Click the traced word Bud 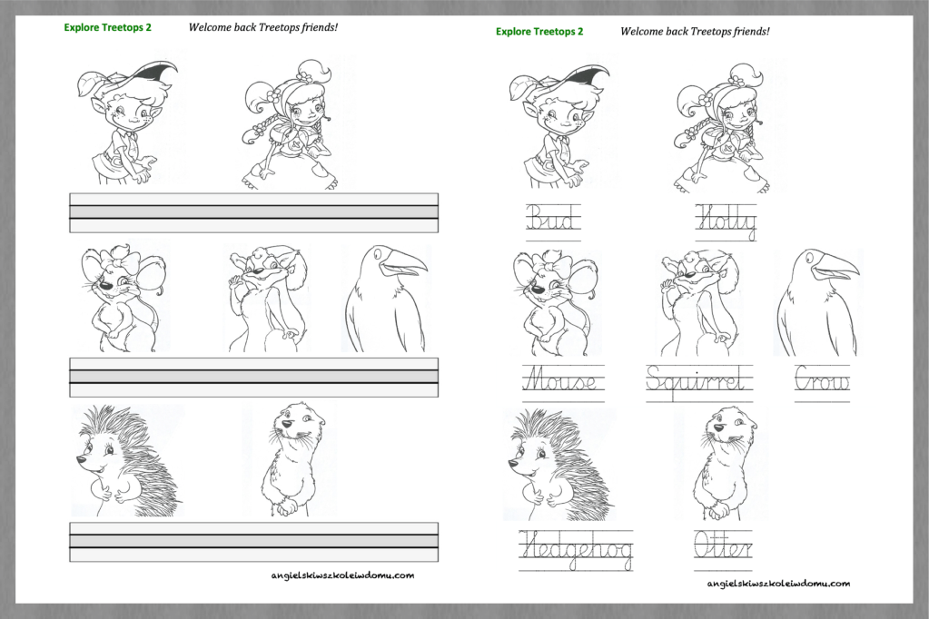[x=552, y=218]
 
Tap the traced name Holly [x=726, y=221]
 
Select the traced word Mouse [x=561, y=378]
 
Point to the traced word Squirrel [x=697, y=380]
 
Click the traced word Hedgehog [x=576, y=548]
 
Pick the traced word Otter [x=724, y=545]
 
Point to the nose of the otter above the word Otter [x=718, y=427]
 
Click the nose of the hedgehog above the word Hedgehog [x=512, y=466]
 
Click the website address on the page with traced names [x=778, y=583]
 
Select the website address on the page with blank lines [x=342, y=575]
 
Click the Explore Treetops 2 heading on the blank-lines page [x=107, y=27]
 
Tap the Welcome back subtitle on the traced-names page [x=695, y=32]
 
